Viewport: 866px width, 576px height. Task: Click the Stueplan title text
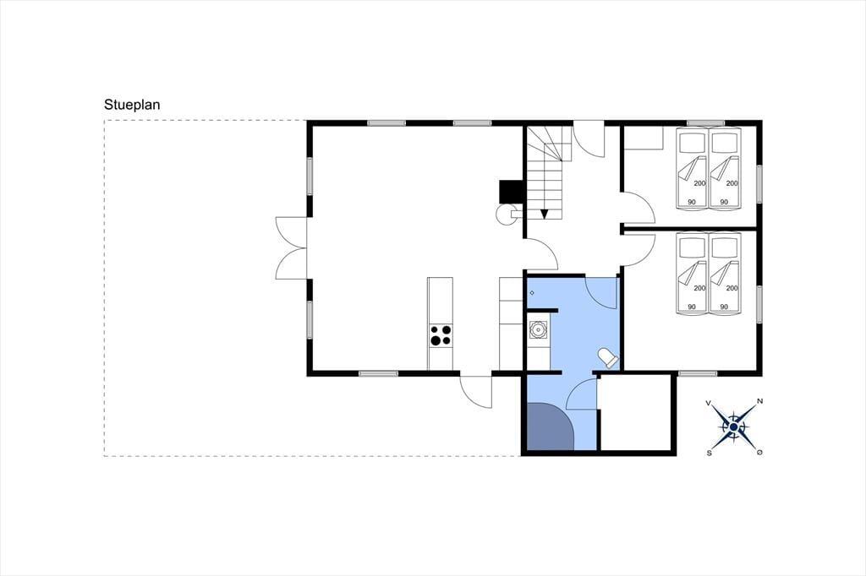coord(132,105)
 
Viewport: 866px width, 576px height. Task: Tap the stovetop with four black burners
coord(441,335)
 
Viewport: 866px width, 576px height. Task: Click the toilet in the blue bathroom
coord(608,358)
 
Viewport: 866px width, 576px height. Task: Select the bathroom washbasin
coord(538,329)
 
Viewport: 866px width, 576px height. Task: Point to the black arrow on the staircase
coord(544,214)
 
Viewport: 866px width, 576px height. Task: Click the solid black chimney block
coord(511,192)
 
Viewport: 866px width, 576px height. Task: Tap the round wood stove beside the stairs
coord(506,215)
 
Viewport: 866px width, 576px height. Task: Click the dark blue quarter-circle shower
coord(550,427)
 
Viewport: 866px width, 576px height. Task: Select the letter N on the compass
coord(760,401)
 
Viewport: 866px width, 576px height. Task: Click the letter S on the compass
coord(710,453)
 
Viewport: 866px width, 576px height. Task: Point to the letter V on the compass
coord(708,404)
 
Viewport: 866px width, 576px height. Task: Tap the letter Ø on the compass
coord(760,453)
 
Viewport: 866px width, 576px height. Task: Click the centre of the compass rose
coord(733,427)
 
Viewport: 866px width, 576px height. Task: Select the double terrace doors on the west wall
coord(292,247)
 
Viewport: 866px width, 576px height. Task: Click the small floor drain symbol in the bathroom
coord(532,293)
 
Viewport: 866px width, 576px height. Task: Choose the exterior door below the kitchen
coord(476,392)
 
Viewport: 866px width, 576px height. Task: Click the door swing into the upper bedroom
coord(639,208)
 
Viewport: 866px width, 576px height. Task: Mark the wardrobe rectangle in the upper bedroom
coord(644,138)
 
